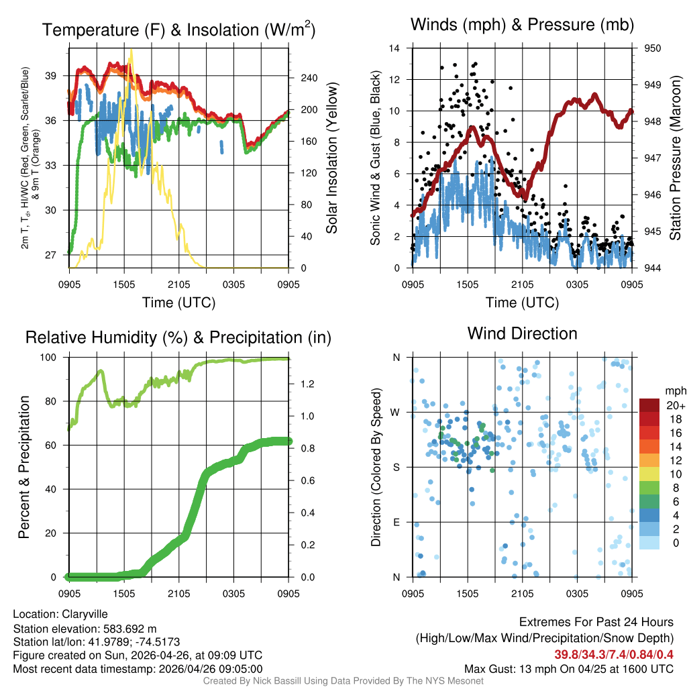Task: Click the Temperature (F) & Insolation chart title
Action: click(x=178, y=30)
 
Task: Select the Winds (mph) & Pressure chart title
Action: click(x=522, y=25)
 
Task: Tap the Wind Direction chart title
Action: click(x=522, y=333)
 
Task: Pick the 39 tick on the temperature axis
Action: click(x=58, y=75)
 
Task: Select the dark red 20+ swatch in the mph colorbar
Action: click(x=649, y=405)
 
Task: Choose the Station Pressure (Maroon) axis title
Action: click(x=675, y=158)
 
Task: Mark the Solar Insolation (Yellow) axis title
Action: click(x=332, y=158)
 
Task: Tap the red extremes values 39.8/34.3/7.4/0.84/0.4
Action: click(x=613, y=655)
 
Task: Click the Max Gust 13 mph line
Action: click(x=569, y=669)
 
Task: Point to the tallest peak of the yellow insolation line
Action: click(x=131, y=50)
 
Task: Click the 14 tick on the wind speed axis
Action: click(x=396, y=48)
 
